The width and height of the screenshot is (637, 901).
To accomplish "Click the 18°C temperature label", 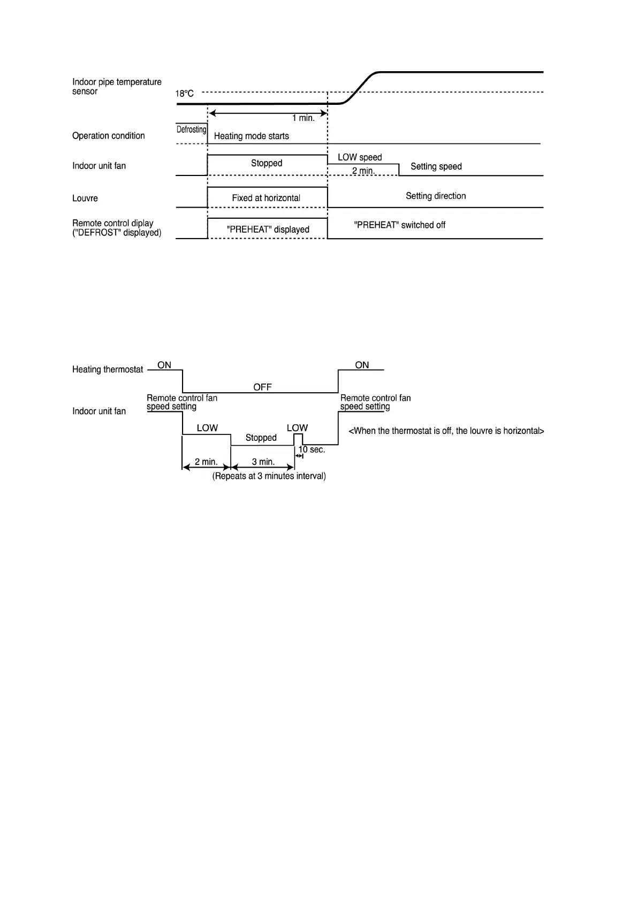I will coord(185,94).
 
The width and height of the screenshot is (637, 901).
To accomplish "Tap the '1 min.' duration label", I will coord(303,118).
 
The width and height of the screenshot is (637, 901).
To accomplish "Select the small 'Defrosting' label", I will coord(191,129).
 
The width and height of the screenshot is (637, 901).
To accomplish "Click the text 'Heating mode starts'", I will coord(251,136).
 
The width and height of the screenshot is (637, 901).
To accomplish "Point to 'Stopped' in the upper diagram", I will coord(267,163).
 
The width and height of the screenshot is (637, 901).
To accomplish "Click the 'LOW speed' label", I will coord(360,157).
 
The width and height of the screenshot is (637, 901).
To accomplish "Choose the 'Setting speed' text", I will coord(436,166).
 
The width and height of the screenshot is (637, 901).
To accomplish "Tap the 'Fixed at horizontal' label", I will coord(266,198).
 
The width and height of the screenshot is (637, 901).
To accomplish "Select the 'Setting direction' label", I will coord(436,196).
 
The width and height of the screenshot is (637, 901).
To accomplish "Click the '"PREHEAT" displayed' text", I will coord(268,230).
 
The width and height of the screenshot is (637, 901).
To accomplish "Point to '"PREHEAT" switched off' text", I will coord(399,225).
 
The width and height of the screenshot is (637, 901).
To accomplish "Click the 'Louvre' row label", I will coord(85,198).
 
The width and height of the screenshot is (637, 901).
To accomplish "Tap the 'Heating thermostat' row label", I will coord(108,369).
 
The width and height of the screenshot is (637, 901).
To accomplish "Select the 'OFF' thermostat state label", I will coord(262,387).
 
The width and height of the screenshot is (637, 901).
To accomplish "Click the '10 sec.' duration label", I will coord(312,449).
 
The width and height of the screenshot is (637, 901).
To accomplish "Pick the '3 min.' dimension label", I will coord(263,462).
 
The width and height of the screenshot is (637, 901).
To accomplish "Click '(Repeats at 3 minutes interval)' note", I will coord(269,476).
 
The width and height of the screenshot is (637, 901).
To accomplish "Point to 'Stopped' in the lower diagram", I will coord(261,438).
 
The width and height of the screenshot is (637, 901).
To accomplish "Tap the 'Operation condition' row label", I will coord(109,136).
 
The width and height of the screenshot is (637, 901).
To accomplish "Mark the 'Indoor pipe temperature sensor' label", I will coord(117,87).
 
